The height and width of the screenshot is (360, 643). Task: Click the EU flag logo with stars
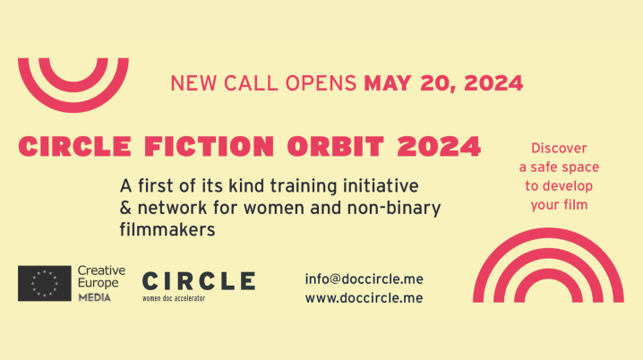click(x=44, y=283)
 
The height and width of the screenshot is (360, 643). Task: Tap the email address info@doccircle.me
click(x=364, y=279)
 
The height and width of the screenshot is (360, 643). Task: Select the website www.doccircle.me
click(x=364, y=298)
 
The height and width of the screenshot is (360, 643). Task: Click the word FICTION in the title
click(x=209, y=146)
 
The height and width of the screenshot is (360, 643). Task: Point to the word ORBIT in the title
click(x=336, y=146)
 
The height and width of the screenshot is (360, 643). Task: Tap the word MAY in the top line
click(x=388, y=83)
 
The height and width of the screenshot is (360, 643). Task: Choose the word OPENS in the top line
click(x=321, y=83)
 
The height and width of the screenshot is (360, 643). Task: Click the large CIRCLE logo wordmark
click(x=199, y=281)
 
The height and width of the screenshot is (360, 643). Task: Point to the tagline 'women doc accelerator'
click(x=174, y=298)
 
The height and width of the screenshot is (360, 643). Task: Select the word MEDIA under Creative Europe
click(x=95, y=297)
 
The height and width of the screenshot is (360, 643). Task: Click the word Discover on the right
click(x=559, y=148)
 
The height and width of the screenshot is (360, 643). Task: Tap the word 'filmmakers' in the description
click(x=167, y=229)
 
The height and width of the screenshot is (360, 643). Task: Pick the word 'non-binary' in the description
click(x=394, y=209)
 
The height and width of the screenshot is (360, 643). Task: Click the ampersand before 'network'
click(x=125, y=208)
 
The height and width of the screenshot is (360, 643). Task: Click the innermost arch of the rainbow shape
click(x=548, y=275)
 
